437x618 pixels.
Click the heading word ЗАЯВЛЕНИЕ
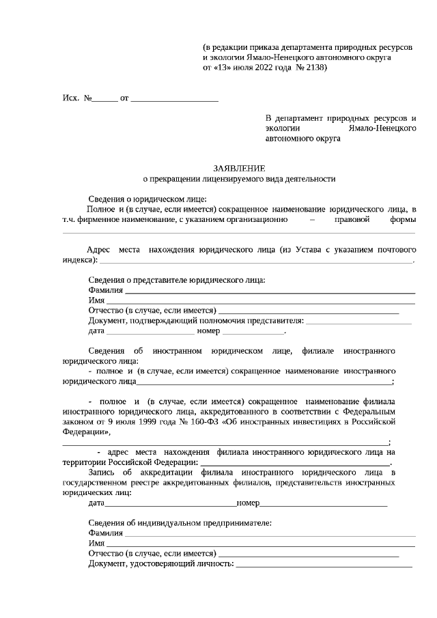coord(238,168)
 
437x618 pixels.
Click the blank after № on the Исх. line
coord(105,100)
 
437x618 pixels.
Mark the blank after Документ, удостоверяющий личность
coord(324,564)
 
